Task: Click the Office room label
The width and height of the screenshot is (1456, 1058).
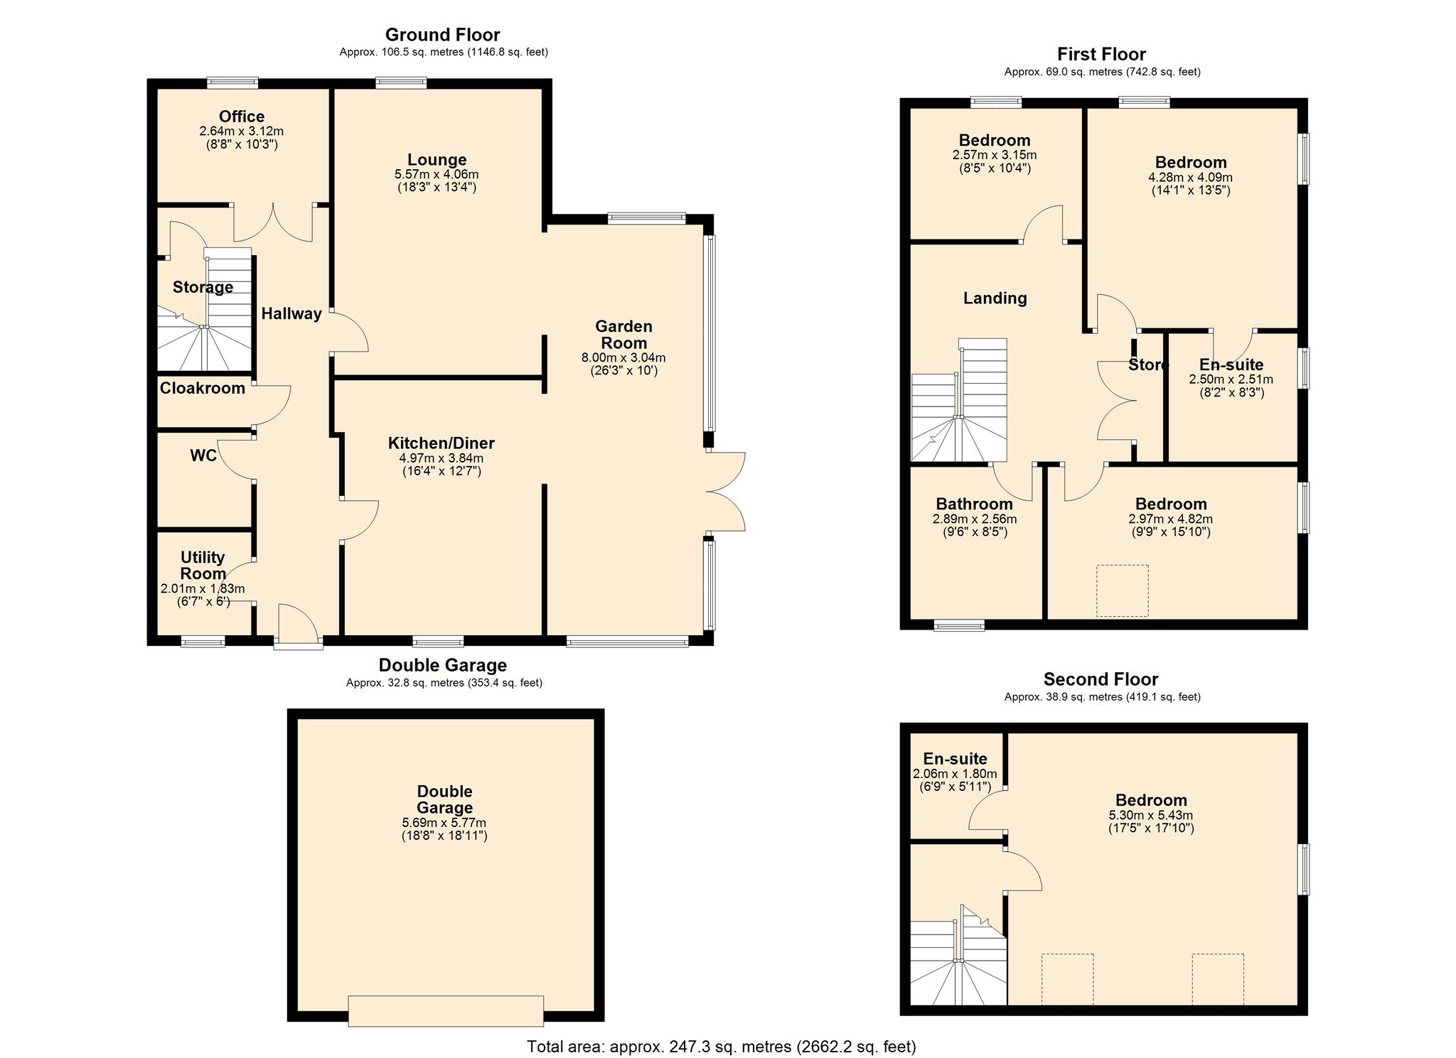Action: tap(241, 117)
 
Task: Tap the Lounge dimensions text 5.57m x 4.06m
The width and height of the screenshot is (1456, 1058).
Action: tap(437, 174)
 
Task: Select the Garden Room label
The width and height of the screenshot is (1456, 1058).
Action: tap(623, 335)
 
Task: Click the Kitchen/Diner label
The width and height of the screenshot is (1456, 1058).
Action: tap(441, 443)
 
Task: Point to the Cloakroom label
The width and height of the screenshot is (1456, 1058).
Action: tap(202, 388)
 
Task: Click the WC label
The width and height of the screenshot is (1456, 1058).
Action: tap(203, 455)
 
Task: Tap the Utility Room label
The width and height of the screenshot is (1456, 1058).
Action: tap(203, 566)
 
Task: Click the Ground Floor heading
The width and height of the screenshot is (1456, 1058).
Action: tap(442, 35)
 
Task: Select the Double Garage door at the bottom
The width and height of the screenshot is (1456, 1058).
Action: tap(446, 1010)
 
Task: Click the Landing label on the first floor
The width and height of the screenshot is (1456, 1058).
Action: tap(995, 298)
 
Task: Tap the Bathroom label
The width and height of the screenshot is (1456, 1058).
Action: tap(974, 504)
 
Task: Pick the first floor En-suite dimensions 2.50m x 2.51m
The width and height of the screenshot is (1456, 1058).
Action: tap(1231, 379)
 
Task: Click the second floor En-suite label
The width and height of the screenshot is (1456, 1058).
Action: tap(955, 759)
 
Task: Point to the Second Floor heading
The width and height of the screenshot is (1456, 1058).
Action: tap(1101, 679)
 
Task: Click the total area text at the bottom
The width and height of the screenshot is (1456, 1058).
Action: tap(721, 1046)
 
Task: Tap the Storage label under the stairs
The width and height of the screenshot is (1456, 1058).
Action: tap(203, 287)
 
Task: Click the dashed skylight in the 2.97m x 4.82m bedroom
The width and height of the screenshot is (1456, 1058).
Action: tap(1122, 590)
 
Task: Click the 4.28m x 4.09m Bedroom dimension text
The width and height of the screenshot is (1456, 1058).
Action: tap(1190, 178)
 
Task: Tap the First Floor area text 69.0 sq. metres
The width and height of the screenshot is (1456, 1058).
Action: tap(1102, 72)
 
